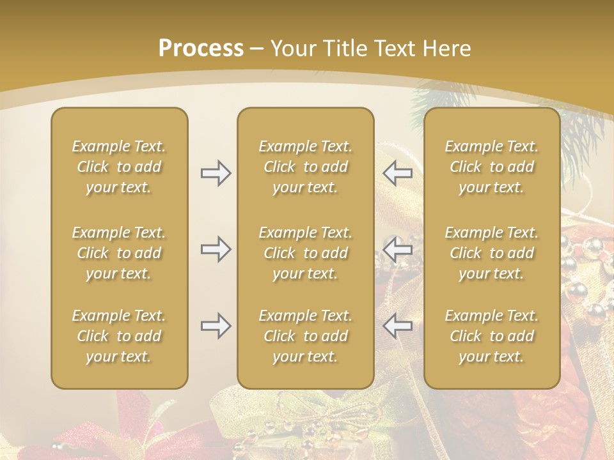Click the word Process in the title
(x=201, y=49)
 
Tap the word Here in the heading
(x=446, y=49)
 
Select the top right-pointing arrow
(x=216, y=173)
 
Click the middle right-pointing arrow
(x=216, y=249)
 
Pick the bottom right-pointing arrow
(x=216, y=326)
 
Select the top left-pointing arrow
(x=397, y=173)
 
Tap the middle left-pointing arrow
(x=397, y=249)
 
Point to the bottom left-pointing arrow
(x=397, y=326)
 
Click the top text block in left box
(x=119, y=167)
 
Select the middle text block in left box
(x=119, y=253)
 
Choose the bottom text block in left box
(x=119, y=336)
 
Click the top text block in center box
(x=306, y=167)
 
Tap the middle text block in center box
(x=306, y=253)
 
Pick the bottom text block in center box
(x=306, y=336)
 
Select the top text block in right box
(x=492, y=167)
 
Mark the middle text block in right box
(x=492, y=253)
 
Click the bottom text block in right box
(x=492, y=336)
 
